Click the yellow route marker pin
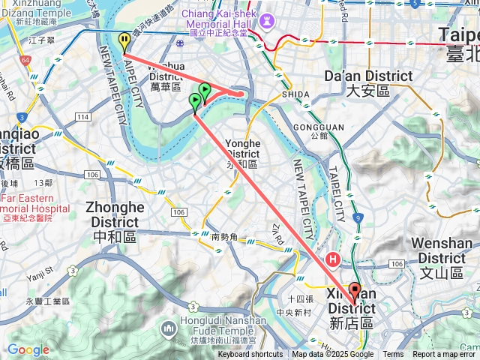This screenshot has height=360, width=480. tap(124, 42)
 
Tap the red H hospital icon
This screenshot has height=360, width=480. tap(332, 259)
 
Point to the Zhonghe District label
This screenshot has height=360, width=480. tap(115, 214)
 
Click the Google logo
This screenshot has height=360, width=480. tap(28, 349)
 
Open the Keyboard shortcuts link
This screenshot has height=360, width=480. tap(250, 355)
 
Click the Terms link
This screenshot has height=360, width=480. tap(393, 355)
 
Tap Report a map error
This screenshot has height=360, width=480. tap(444, 355)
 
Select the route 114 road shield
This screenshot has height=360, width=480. tap(82, 117)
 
